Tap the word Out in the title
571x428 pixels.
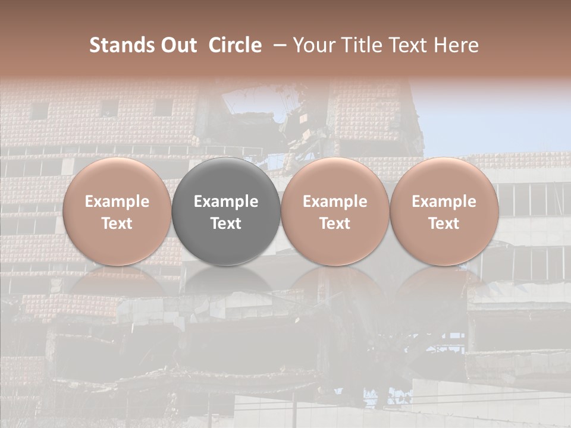[x=178, y=45]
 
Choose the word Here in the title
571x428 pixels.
[x=457, y=45]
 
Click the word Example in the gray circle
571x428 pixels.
[x=226, y=202]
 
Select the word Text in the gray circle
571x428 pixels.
[x=226, y=224]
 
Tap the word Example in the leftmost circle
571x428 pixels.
[x=117, y=202]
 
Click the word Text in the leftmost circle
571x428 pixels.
[x=117, y=224]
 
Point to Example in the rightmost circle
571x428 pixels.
[x=444, y=202]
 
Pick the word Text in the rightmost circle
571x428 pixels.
[x=444, y=224]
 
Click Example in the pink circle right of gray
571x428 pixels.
[x=335, y=202]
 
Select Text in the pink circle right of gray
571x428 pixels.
[x=335, y=224]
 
